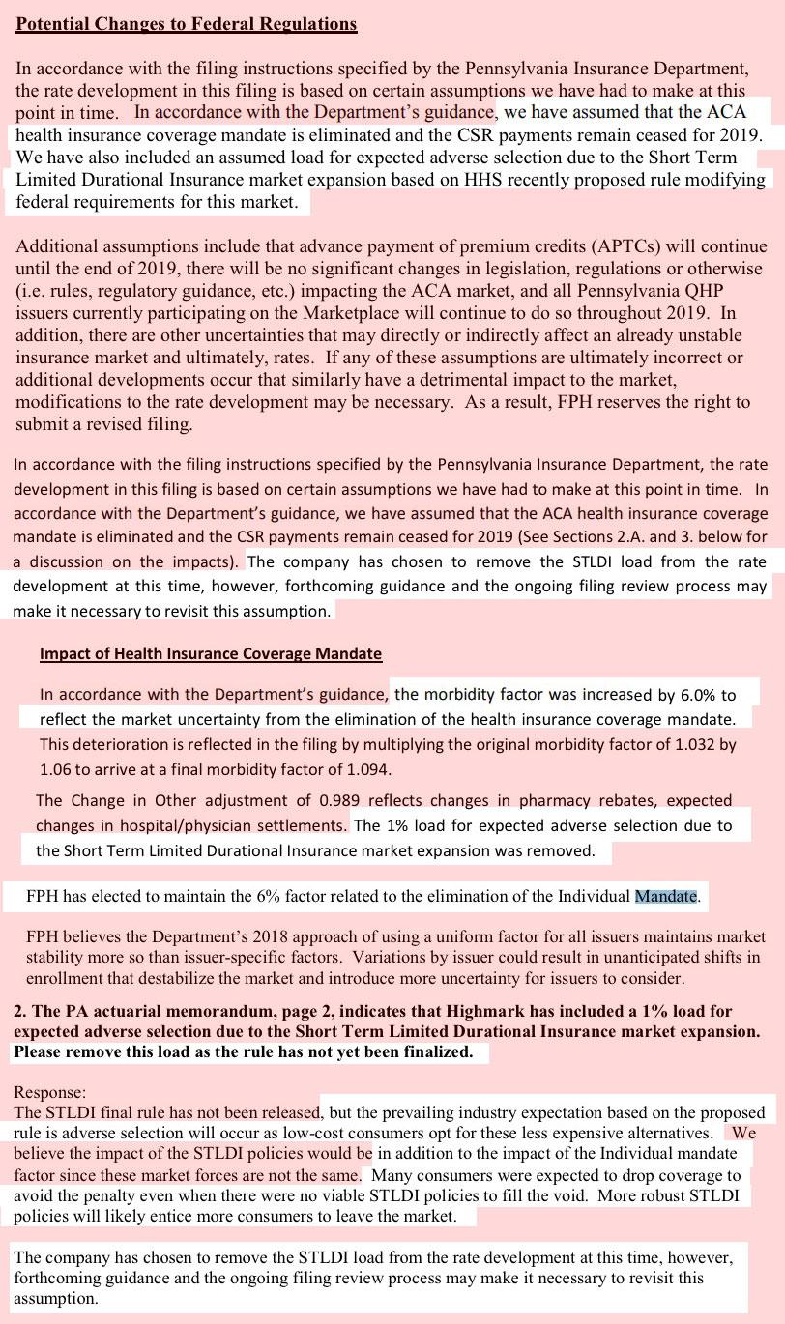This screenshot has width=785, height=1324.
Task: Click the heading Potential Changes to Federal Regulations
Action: (187, 24)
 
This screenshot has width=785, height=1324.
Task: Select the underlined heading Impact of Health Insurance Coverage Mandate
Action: (211, 654)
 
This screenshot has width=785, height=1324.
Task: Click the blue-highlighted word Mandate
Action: (665, 896)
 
